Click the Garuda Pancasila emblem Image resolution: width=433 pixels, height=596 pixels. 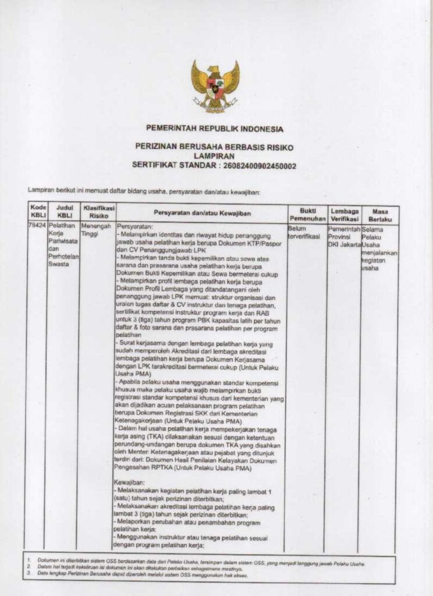(215, 86)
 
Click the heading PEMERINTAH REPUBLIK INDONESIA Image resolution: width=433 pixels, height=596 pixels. (215, 129)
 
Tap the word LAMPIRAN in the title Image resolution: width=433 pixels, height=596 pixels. (215, 157)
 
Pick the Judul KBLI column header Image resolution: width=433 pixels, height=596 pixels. (63, 211)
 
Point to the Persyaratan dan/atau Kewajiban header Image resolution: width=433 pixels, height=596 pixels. (201, 212)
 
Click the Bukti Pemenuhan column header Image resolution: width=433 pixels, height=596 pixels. (307, 214)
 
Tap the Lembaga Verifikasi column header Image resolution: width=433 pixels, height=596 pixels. (344, 214)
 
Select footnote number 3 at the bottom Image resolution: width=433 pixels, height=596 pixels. (29, 574)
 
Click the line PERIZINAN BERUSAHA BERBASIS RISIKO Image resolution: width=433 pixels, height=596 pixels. (215, 147)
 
